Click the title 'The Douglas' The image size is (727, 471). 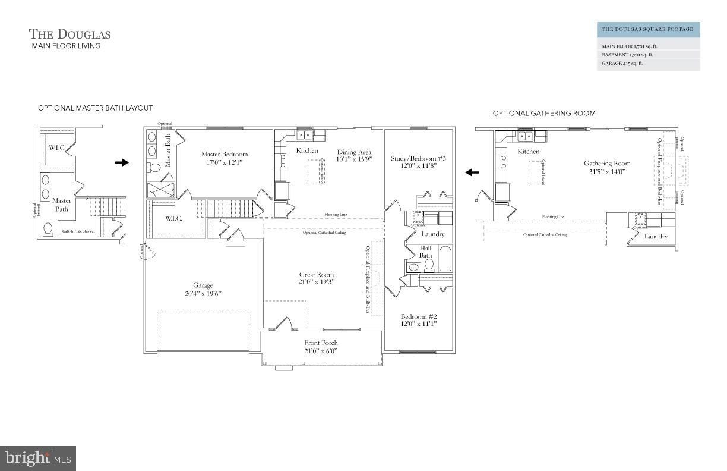(70, 34)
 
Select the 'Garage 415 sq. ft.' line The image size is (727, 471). (622, 63)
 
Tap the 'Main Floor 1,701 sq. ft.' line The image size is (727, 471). (630, 46)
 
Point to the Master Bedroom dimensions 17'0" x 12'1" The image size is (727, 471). (224, 162)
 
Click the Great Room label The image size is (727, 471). (317, 275)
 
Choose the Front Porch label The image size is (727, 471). (321, 343)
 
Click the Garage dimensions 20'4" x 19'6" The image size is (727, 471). (203, 293)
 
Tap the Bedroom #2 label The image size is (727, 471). (419, 316)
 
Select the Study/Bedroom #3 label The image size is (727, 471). (418, 158)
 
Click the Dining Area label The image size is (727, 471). (354, 152)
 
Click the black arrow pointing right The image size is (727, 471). (122, 162)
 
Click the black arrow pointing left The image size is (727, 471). (472, 172)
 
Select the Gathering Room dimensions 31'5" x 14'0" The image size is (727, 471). (606, 171)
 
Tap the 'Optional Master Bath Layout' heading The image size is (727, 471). (95, 108)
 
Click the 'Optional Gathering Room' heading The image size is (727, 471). (543, 113)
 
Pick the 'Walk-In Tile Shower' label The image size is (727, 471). (78, 231)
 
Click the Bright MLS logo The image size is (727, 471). (38, 459)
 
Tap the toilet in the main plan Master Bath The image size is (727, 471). (154, 168)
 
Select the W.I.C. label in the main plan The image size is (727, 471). (173, 219)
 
